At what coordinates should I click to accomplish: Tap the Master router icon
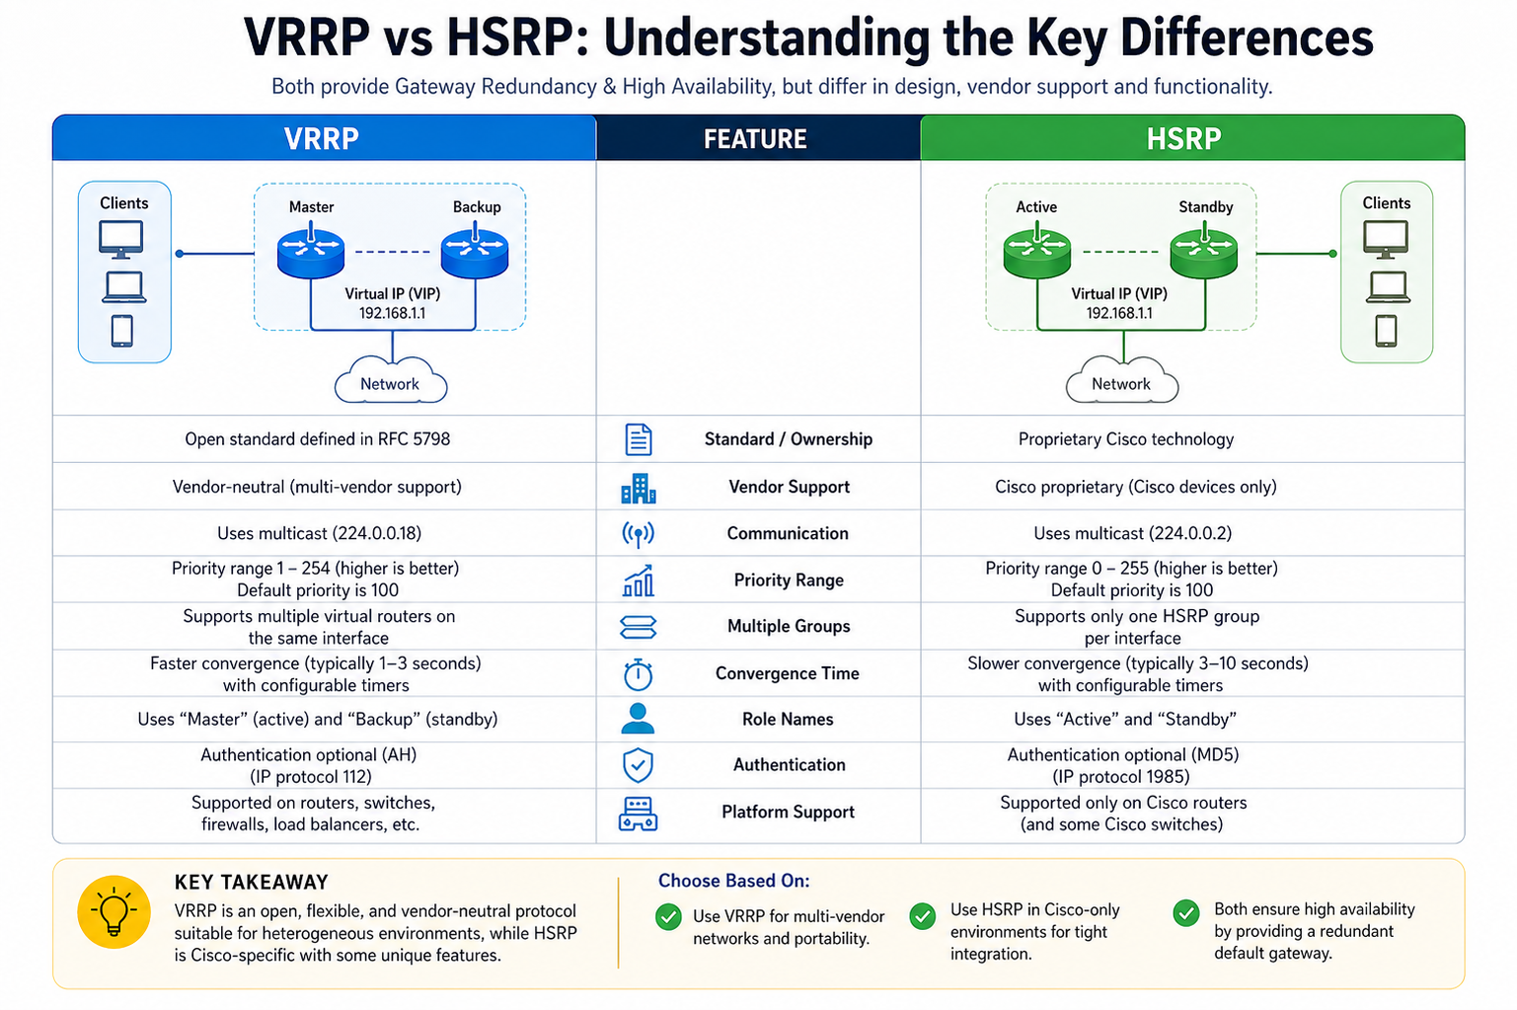click(311, 252)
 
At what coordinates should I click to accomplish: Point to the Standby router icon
click(1203, 252)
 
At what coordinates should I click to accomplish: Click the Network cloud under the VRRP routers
click(391, 381)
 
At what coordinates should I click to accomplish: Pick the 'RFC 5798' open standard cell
click(318, 439)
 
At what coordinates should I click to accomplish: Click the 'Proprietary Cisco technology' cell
click(1125, 439)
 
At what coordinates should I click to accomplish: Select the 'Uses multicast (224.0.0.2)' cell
click(1132, 533)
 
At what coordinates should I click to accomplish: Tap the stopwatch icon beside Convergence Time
click(638, 674)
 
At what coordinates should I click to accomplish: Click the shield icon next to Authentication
click(638, 765)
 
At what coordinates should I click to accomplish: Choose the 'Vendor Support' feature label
click(789, 487)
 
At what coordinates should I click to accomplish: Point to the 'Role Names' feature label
click(788, 719)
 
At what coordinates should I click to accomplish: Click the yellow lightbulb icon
click(114, 912)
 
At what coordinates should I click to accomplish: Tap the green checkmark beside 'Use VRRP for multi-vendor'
click(668, 917)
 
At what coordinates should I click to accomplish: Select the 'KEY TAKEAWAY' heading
click(252, 882)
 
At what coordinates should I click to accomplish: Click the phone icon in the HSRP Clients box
click(1386, 332)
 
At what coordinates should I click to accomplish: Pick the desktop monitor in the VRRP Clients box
click(121, 239)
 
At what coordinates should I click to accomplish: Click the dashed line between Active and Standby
click(1120, 252)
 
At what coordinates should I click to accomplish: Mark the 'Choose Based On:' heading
click(734, 881)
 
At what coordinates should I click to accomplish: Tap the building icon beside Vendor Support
click(638, 489)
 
